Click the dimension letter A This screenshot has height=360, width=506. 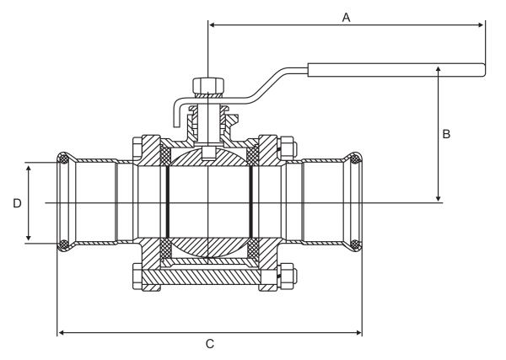[x=346, y=18]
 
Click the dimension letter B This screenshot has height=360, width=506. [x=446, y=134]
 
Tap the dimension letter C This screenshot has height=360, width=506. [x=210, y=344]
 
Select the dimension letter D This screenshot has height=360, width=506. [x=17, y=203]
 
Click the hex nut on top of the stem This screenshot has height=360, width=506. [x=208, y=85]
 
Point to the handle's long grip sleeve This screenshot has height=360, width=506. [x=396, y=70]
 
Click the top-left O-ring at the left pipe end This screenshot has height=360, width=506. [x=63, y=159]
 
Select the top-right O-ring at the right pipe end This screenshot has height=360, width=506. [x=355, y=159]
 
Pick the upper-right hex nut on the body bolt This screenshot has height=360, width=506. [x=287, y=148]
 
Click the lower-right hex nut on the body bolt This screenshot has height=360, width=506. [x=287, y=274]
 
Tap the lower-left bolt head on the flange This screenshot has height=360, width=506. [x=137, y=277]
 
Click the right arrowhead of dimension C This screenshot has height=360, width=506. [x=358, y=332]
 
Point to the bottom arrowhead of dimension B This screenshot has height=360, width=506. [x=438, y=198]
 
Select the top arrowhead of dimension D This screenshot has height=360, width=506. [x=29, y=169]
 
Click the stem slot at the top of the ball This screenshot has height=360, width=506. [x=208, y=153]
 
